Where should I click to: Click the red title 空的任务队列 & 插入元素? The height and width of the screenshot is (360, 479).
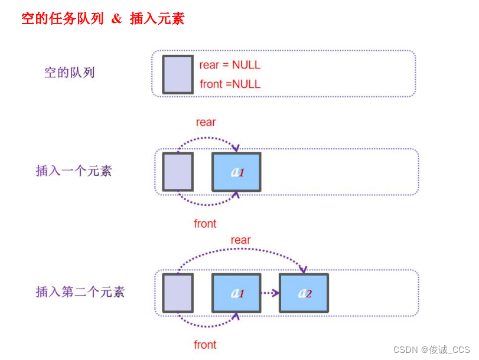tap(103, 18)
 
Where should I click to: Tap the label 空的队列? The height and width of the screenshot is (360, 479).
tap(70, 73)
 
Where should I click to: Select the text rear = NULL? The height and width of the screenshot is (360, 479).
tap(230, 65)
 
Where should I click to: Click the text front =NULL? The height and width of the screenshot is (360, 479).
tap(230, 84)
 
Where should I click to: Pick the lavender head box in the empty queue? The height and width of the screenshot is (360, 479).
tap(178, 74)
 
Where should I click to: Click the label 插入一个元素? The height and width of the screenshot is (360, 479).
tap(74, 171)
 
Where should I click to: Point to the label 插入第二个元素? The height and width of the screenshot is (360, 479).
tap(80, 292)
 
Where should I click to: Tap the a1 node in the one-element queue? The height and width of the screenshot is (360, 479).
tap(236, 172)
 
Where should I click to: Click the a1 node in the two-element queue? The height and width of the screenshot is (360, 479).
tap(236, 293)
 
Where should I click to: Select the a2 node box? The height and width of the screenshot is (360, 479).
tap(304, 293)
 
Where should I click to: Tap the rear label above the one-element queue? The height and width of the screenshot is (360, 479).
tap(206, 122)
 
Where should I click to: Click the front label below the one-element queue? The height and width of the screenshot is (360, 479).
tap(205, 224)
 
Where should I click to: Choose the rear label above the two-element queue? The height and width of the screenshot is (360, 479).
tap(240, 240)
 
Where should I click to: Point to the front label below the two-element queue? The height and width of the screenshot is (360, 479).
tap(205, 345)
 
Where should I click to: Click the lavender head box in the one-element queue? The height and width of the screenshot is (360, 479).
tap(178, 172)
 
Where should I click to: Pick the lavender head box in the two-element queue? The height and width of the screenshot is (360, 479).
tap(178, 293)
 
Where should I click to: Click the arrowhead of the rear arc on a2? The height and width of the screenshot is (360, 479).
tap(303, 270)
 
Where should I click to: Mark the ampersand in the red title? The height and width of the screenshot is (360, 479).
tap(117, 18)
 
